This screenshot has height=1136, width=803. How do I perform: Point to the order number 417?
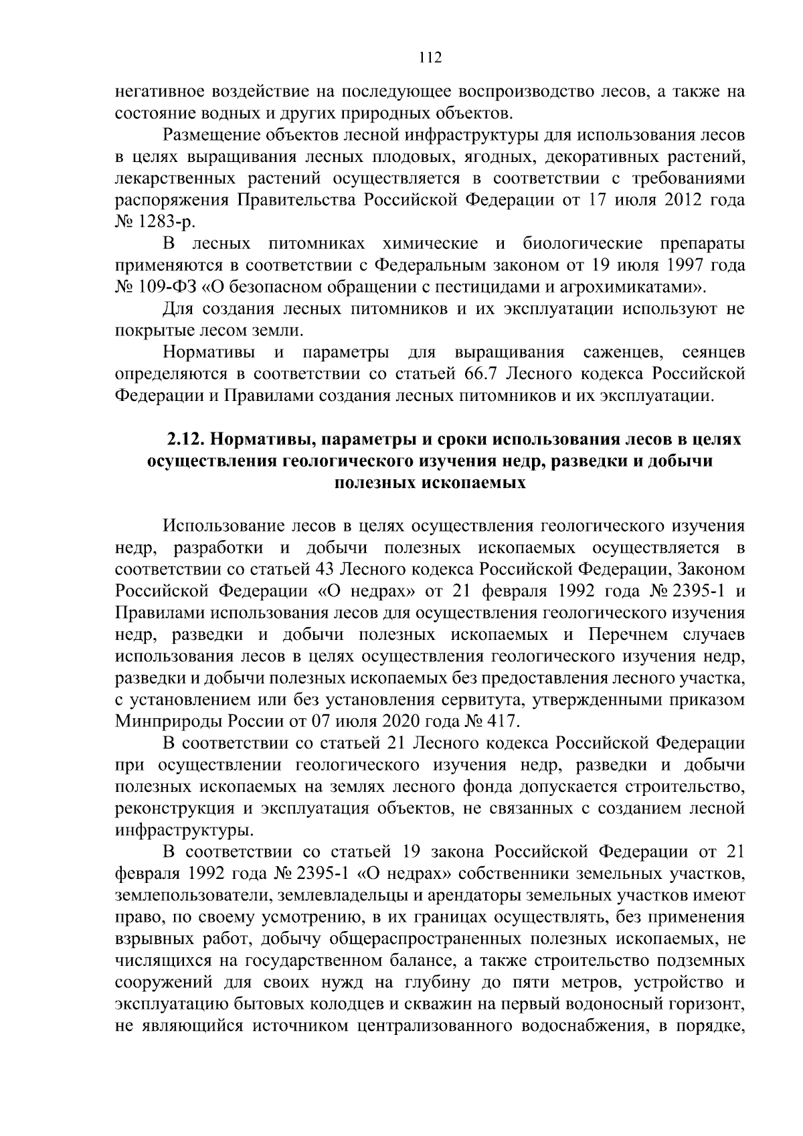(x=502, y=722)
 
